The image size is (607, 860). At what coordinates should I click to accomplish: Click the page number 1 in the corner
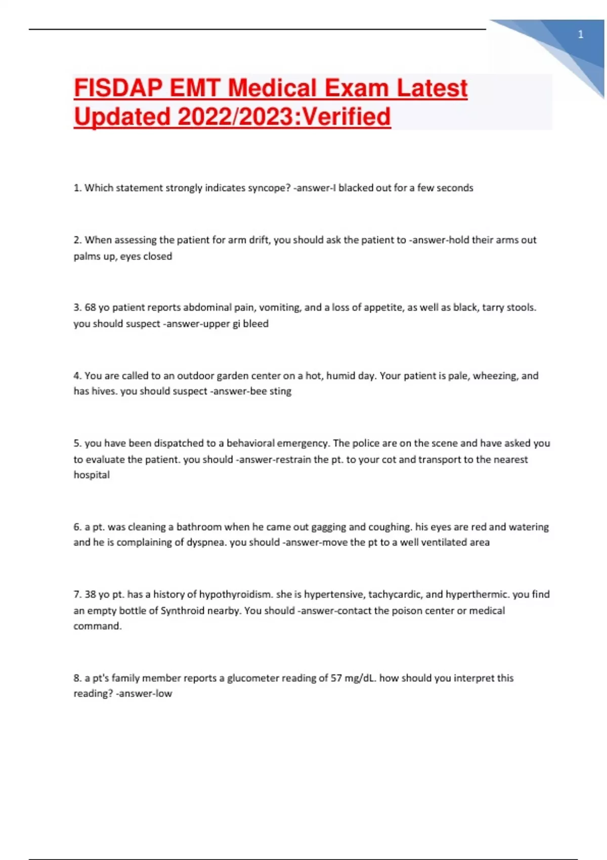(580, 34)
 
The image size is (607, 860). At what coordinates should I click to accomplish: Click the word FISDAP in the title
(119, 88)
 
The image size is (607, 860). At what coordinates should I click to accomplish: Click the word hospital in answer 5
(92, 475)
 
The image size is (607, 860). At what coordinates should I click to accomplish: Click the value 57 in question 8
(336, 678)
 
